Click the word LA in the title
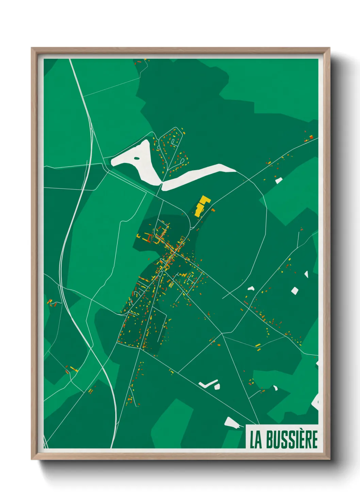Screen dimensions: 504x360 tap(256, 440)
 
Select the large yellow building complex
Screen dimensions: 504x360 tap(201, 206)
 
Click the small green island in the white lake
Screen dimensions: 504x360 tap(136, 158)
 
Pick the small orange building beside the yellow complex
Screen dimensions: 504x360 tap(213, 210)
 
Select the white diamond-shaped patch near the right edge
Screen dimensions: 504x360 tap(295, 290)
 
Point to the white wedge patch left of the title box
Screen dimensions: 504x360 tap(231, 423)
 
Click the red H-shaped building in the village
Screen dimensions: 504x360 tap(148, 237)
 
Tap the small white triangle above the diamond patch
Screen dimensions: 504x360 tap(306, 274)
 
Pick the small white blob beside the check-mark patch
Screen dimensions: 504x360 tap(217, 387)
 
